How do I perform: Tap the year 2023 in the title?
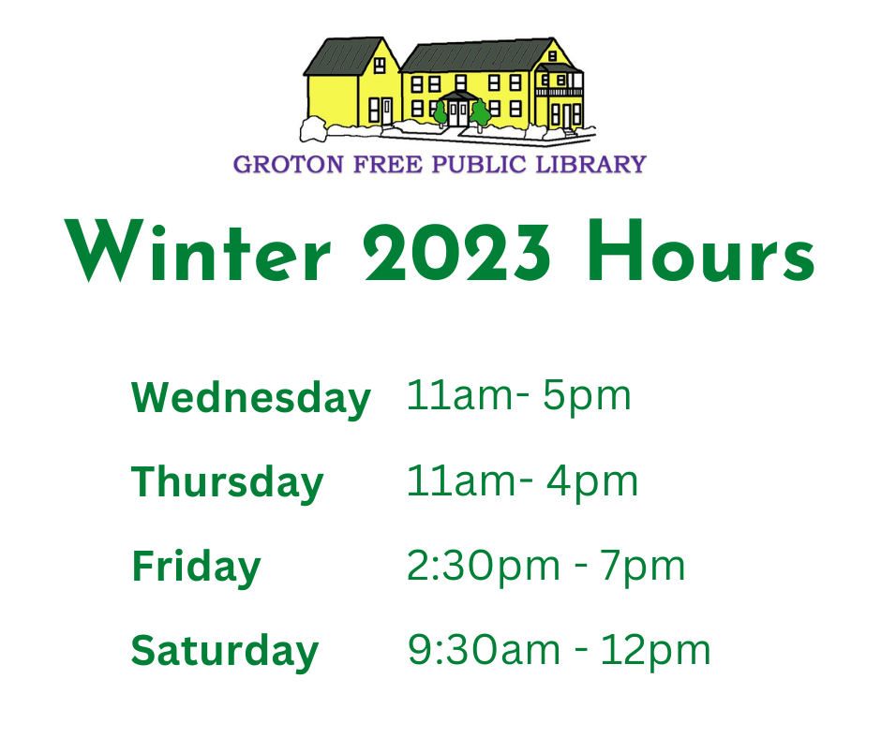(456, 252)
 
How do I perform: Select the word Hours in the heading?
(701, 250)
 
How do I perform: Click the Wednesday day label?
(250, 399)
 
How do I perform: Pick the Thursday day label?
(228, 483)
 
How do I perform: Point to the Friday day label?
(196, 568)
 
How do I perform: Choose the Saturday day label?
(225, 652)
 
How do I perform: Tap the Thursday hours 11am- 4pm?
(523, 482)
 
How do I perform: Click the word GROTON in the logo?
(289, 165)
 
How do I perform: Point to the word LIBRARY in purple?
(591, 165)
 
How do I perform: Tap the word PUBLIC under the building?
(479, 165)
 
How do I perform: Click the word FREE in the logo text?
(388, 165)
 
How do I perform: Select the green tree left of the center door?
(440, 114)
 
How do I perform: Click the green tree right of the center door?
(481, 114)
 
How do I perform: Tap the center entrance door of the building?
(458, 113)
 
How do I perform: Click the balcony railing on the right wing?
(559, 92)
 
